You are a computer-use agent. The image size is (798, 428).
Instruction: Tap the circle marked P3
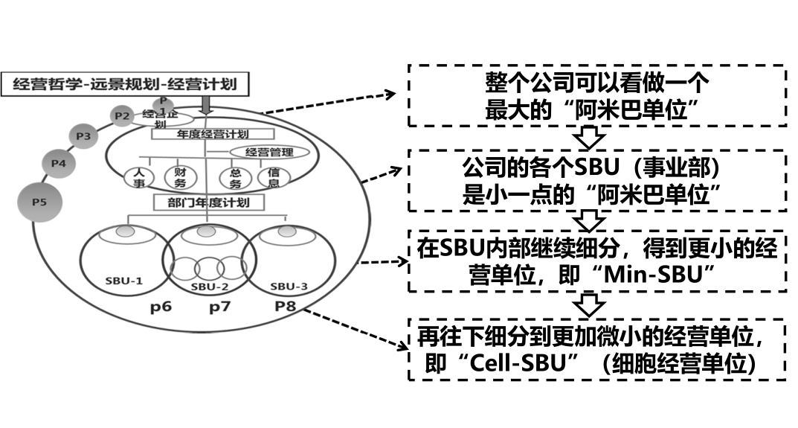pyautogui.click(x=83, y=135)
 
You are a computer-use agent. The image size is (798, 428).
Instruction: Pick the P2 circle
pyautogui.click(x=121, y=115)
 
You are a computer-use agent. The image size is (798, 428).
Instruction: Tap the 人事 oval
pyautogui.click(x=138, y=179)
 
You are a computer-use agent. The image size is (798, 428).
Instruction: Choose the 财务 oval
pyautogui.click(x=170, y=179)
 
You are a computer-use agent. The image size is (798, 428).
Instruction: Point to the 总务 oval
pyautogui.click(x=232, y=179)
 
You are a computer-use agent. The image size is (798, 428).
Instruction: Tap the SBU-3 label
pyautogui.click(x=288, y=284)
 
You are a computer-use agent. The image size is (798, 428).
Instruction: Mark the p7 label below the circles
pyautogui.click(x=221, y=307)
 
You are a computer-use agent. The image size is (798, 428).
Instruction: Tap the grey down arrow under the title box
pyautogui.click(x=207, y=105)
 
